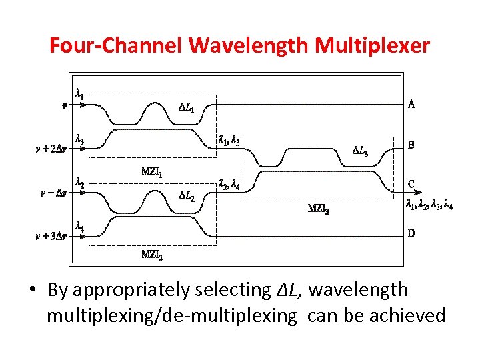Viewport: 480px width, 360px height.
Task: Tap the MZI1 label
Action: (152, 172)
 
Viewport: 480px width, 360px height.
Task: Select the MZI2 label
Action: (152, 255)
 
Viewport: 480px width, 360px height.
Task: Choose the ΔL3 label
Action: (360, 150)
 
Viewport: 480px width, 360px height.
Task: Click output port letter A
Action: (411, 104)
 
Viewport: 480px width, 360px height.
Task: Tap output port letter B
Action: (411, 144)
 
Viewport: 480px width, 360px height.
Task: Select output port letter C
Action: (411, 185)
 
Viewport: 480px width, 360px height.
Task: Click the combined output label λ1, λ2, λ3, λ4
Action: (430, 206)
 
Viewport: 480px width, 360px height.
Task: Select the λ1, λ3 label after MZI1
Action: (229, 140)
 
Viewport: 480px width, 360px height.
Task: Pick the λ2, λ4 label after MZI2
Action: (229, 184)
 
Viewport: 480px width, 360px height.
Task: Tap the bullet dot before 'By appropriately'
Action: (33, 291)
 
